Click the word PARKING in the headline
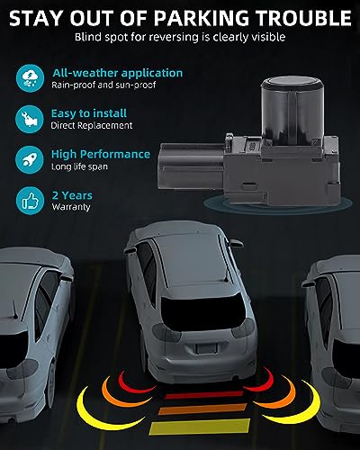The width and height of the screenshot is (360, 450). coord(202,18)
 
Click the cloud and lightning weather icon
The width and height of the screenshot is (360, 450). coord(30,78)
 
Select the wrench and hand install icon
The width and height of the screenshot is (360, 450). coord(30,119)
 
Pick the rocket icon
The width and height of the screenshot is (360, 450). coord(30,160)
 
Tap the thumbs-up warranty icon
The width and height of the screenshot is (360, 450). coord(30,201)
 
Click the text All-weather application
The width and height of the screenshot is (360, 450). coord(118,73)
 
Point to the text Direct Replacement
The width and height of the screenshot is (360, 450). coord(92,125)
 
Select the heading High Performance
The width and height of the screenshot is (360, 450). coord(101,154)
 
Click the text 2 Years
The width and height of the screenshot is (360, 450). coord(72,195)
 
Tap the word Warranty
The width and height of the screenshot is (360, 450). coord(71,207)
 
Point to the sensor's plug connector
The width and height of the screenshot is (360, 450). coord(191,166)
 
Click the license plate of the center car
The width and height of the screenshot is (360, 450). coord(206,347)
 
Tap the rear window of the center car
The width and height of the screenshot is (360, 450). coord(204,313)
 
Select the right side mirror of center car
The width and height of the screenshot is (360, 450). coord(236,243)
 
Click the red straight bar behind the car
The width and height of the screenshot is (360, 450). coord(204,395)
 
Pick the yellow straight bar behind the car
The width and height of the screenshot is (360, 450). coord(200,427)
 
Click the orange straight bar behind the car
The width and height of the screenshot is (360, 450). coord(202,409)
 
